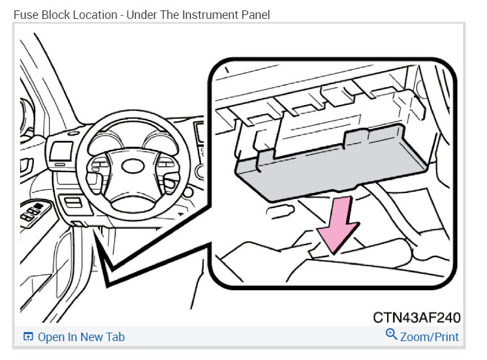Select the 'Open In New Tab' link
[81, 337]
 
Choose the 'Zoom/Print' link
[430, 337]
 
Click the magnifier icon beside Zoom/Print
[392, 335]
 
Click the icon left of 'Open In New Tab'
[28, 337]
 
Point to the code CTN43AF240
[417, 318]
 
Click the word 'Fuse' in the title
[25, 14]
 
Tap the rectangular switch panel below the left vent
[68, 204]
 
